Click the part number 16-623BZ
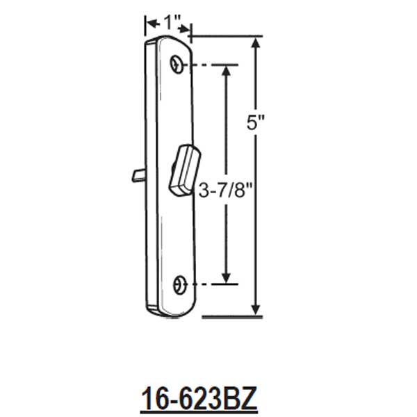199,400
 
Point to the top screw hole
179,65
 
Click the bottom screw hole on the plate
179,284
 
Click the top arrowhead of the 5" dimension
257,43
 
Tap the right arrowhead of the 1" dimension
187,28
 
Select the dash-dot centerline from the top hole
208,65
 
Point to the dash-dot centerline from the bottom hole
208,284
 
